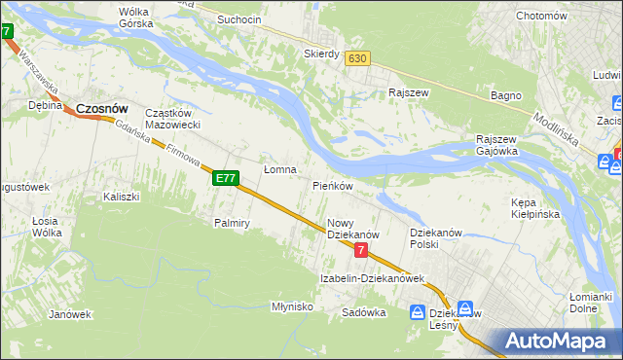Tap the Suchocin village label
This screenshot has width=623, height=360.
click(239, 19)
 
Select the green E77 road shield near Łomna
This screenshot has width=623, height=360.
click(226, 178)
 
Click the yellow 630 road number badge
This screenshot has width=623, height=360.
click(357, 58)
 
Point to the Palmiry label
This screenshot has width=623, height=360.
click(233, 223)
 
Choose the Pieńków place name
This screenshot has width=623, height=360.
click(332, 185)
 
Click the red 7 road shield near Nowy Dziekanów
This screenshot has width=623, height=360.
click(361, 250)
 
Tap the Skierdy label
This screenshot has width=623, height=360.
click(321, 54)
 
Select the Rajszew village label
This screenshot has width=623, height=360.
click(408, 93)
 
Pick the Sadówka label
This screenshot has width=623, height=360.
click(364, 312)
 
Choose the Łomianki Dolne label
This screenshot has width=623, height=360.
click(590, 302)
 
